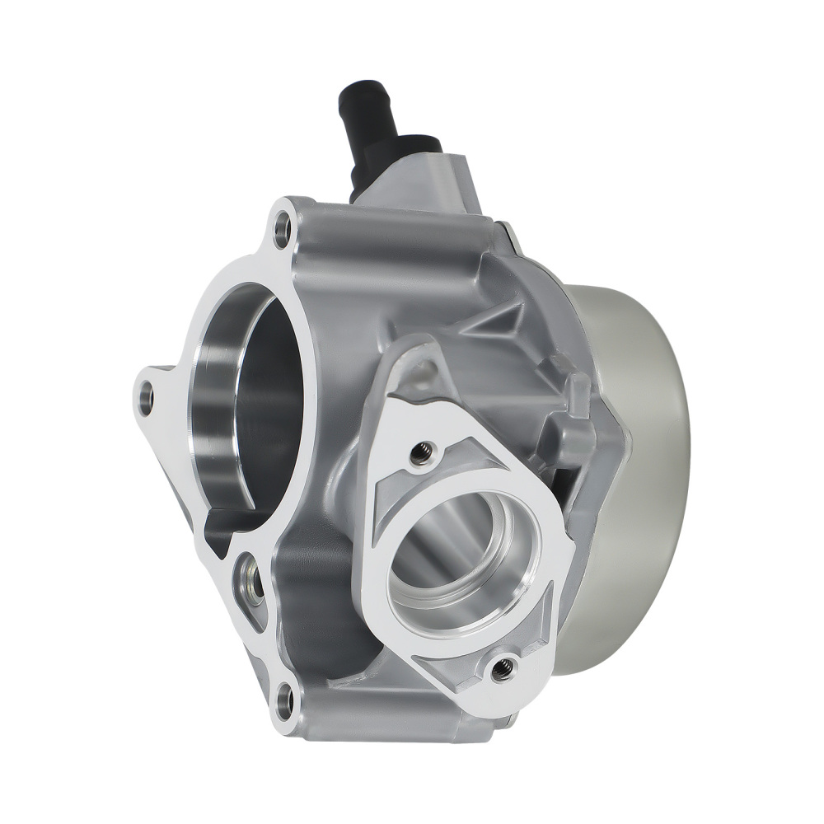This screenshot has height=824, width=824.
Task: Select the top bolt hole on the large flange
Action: click(x=283, y=226)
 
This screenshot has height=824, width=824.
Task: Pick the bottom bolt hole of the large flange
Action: click(x=284, y=702)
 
